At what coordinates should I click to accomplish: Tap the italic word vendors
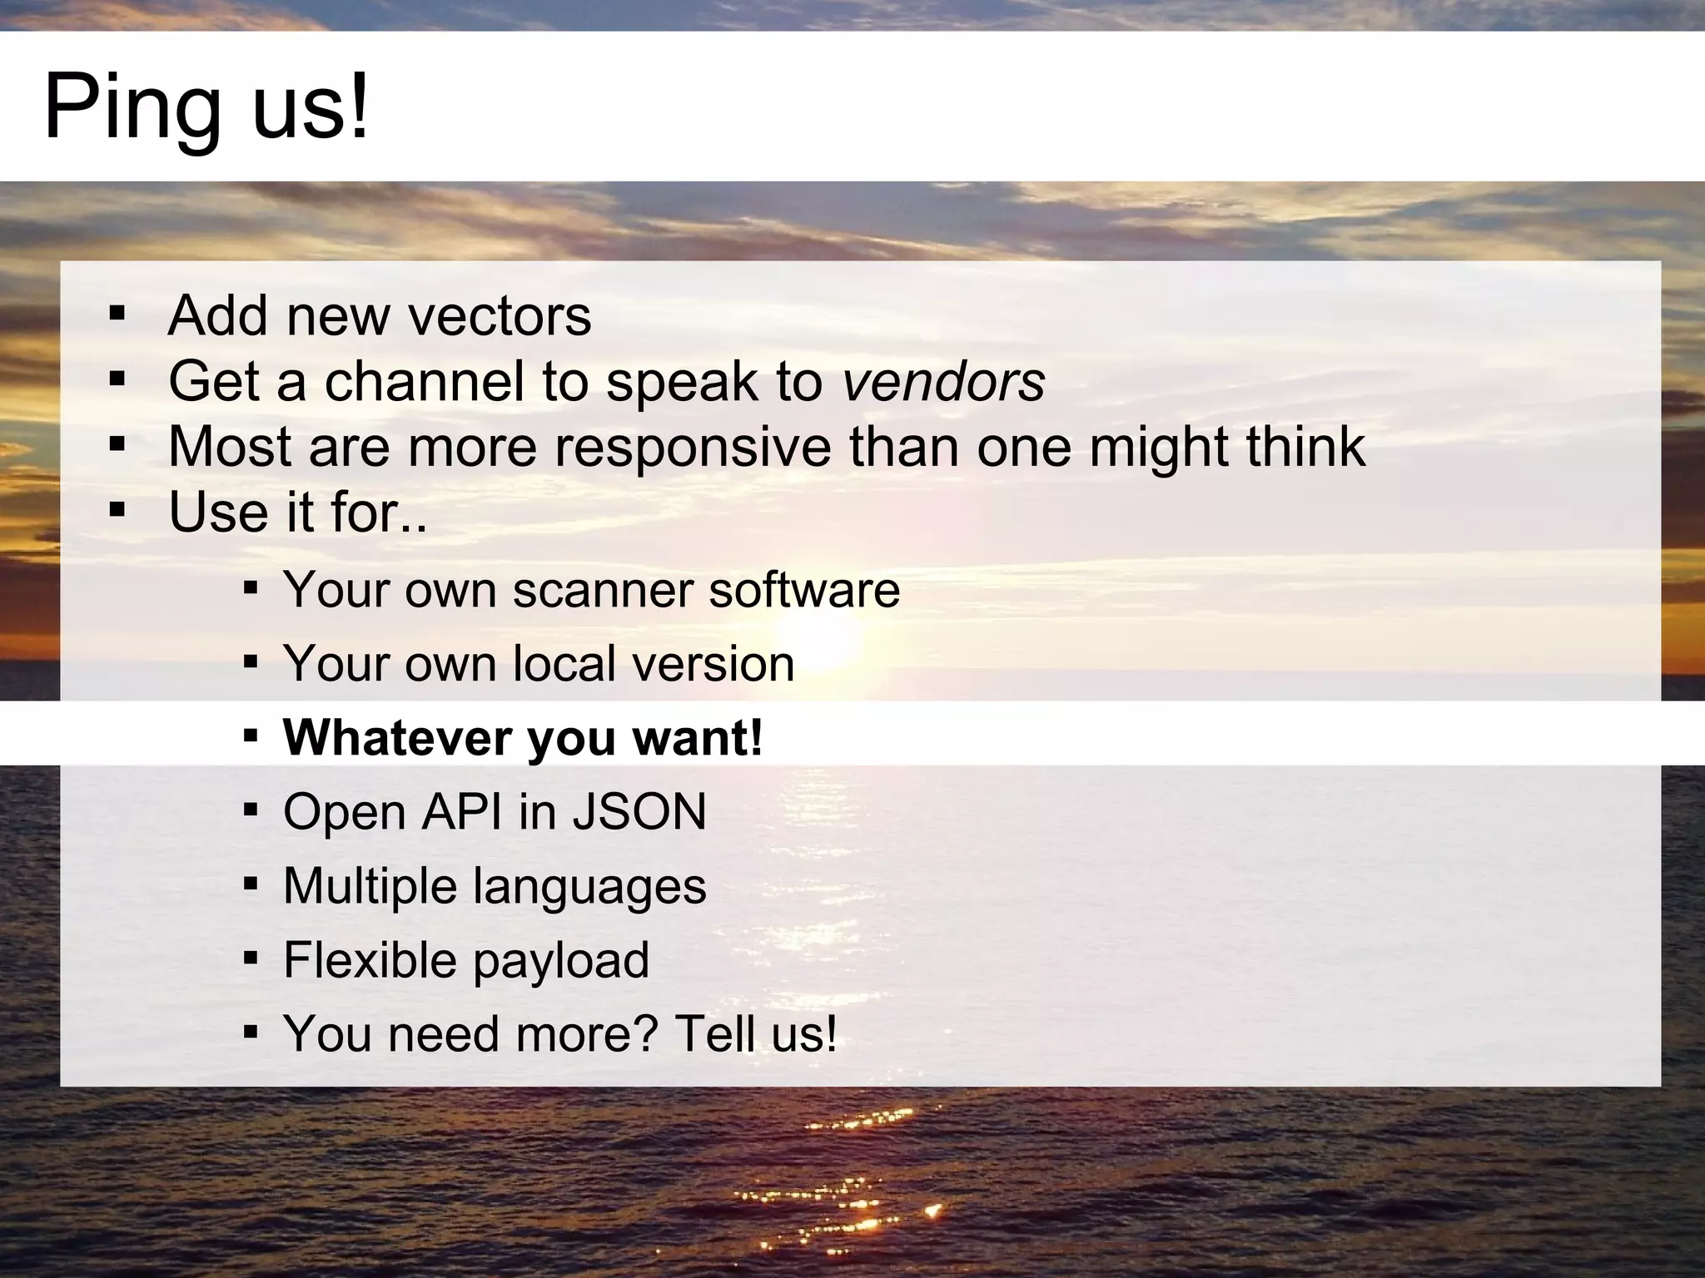[x=943, y=382]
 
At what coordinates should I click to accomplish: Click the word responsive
[x=693, y=447]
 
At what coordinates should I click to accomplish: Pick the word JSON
[x=639, y=812]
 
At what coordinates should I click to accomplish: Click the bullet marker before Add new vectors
[x=117, y=315]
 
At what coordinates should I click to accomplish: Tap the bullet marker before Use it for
[x=117, y=509]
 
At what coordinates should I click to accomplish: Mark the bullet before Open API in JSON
[x=251, y=809]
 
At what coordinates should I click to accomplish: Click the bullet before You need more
[x=251, y=1032]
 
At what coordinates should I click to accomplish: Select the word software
[x=804, y=590]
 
